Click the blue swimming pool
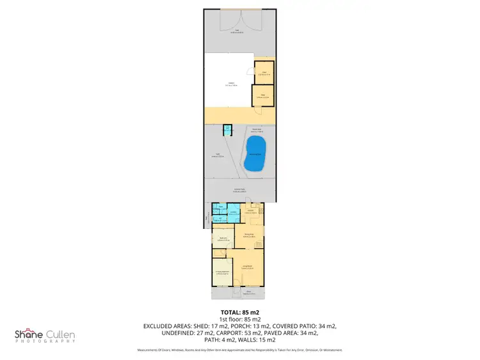(255, 154)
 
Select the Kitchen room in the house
(252, 212)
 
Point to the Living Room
(248, 267)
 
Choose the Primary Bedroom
(221, 272)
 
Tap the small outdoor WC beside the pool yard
(227, 130)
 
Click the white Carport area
(229, 85)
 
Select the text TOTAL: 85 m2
(240, 311)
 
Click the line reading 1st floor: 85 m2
(240, 318)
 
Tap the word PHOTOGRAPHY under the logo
(44, 341)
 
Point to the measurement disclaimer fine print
(240, 350)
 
